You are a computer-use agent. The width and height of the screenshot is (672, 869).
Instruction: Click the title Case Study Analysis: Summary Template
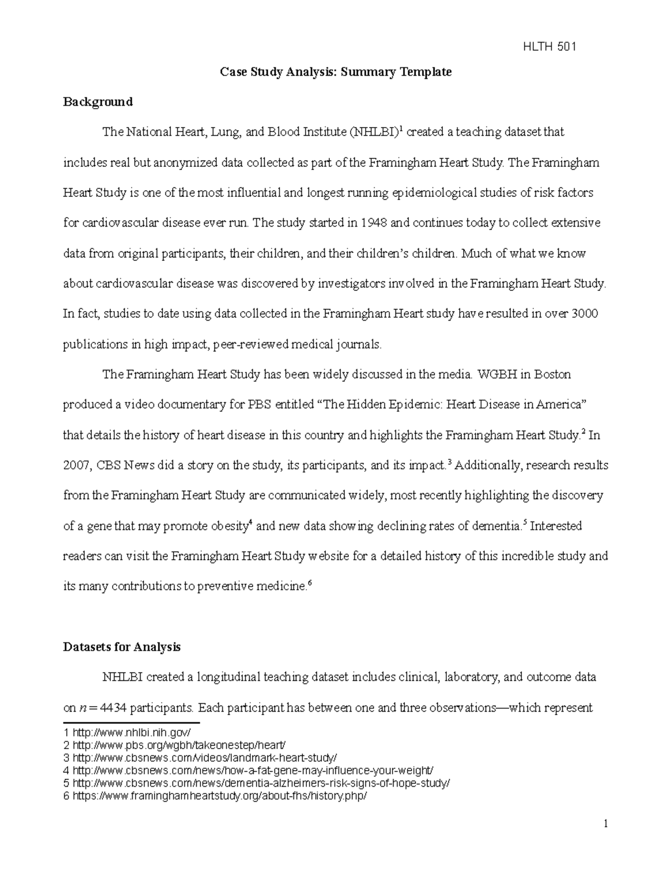tap(335, 72)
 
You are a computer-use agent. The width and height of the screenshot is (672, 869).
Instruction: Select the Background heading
tap(97, 102)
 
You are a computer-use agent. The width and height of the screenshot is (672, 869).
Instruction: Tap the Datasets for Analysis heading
tap(122, 647)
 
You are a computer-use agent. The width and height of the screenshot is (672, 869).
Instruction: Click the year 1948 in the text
tap(374, 223)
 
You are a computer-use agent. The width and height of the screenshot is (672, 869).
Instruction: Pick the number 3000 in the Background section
tap(585, 314)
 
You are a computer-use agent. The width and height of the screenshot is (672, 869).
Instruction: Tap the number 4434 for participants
tap(109, 708)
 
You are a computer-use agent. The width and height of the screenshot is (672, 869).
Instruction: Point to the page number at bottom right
tap(605, 824)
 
